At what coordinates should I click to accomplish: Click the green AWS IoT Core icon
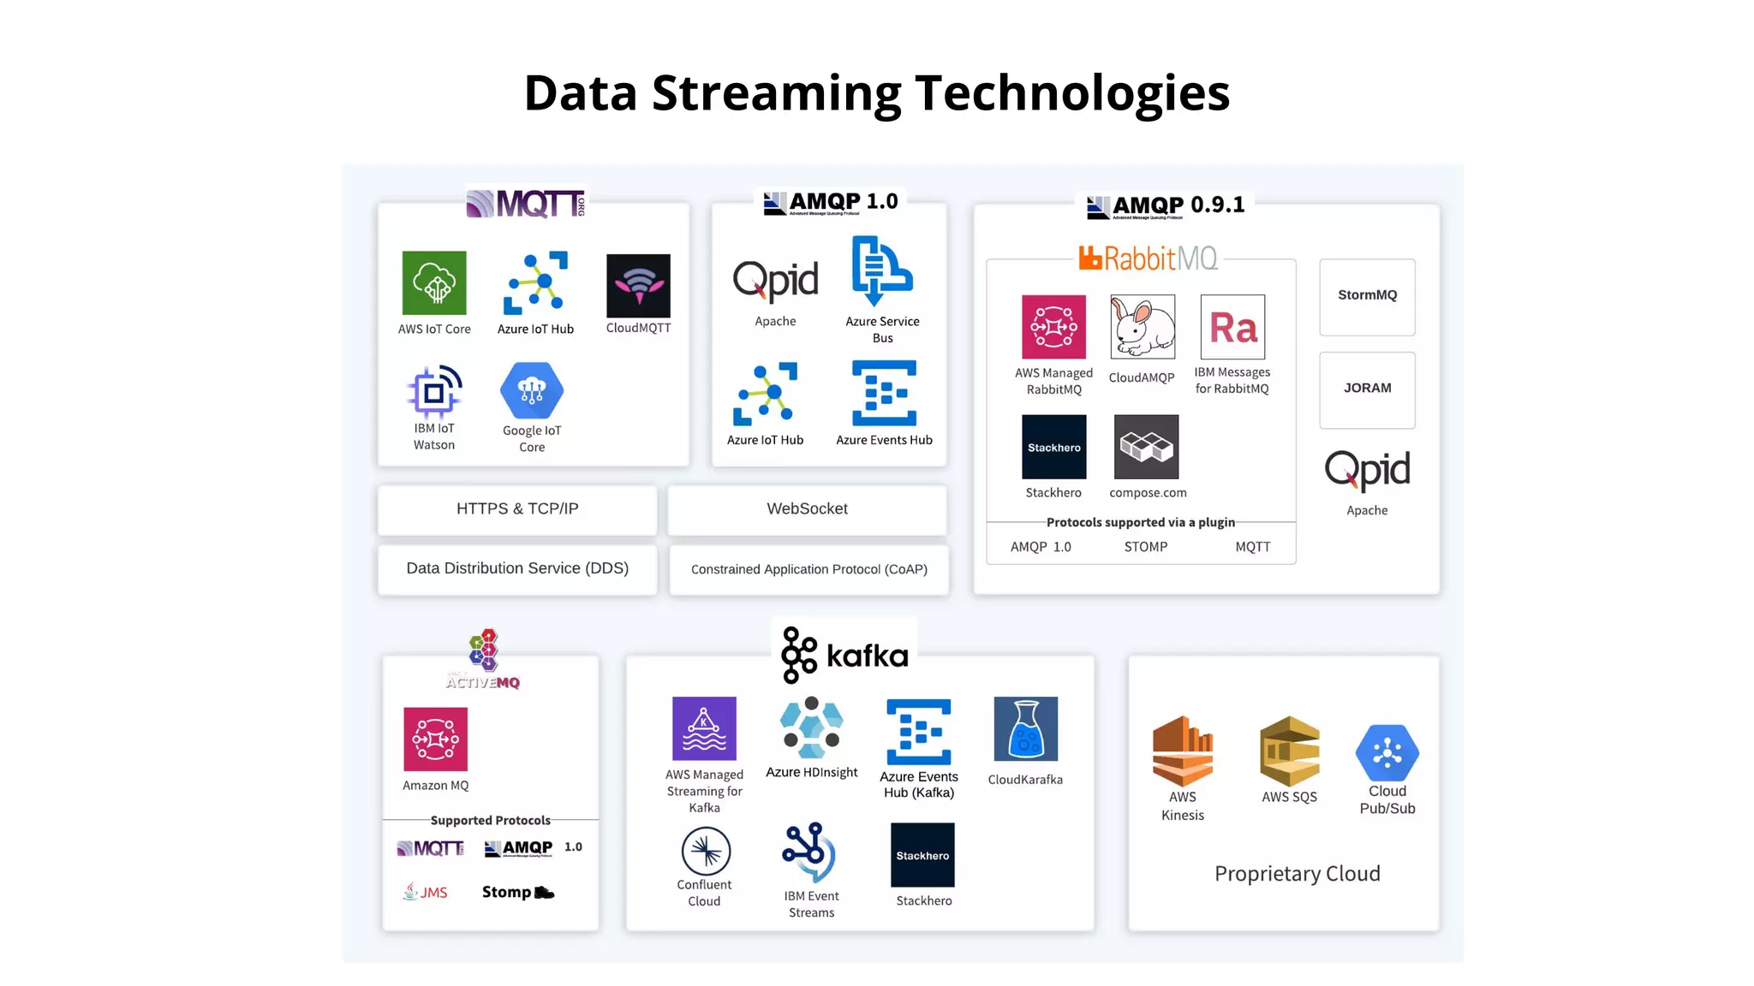(x=434, y=283)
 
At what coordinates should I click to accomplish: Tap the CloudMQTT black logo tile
(x=638, y=286)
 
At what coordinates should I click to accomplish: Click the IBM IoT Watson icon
(x=434, y=392)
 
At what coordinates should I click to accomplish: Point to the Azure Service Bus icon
(x=882, y=270)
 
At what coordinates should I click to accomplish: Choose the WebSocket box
(x=807, y=509)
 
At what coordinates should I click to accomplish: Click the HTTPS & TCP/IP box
(x=517, y=509)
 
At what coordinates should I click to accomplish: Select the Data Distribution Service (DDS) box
(x=517, y=569)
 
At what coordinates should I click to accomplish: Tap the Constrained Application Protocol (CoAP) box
(x=808, y=569)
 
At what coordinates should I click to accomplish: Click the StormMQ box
(x=1367, y=296)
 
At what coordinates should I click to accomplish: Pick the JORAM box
(x=1367, y=389)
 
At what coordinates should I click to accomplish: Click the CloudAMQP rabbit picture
(x=1142, y=327)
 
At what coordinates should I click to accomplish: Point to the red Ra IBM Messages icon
(x=1232, y=327)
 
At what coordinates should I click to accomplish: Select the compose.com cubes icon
(x=1146, y=447)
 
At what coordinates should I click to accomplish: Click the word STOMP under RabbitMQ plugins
(x=1145, y=547)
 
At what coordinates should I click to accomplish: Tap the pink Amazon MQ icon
(x=435, y=739)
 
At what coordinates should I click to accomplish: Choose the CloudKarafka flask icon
(x=1025, y=729)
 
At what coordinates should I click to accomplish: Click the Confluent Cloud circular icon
(x=706, y=851)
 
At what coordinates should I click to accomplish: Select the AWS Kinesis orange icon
(x=1182, y=751)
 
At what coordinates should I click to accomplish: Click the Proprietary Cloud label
(x=1297, y=874)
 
